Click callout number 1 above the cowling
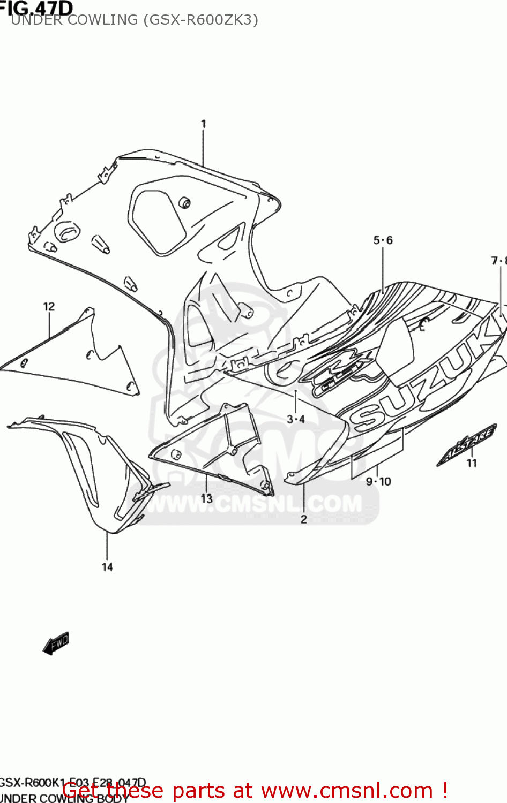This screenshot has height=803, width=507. click(203, 124)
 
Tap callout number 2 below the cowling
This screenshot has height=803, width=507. click(303, 519)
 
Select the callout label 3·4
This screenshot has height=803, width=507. click(295, 419)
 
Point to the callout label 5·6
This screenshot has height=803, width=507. click(383, 240)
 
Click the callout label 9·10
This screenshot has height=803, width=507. click(378, 482)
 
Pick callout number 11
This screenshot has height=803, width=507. click(472, 463)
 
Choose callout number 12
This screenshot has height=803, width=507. click(49, 307)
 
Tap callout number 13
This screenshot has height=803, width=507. click(206, 499)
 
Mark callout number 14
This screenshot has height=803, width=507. click(107, 567)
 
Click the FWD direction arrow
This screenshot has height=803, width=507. click(56, 643)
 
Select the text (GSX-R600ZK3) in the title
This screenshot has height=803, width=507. click(200, 20)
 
